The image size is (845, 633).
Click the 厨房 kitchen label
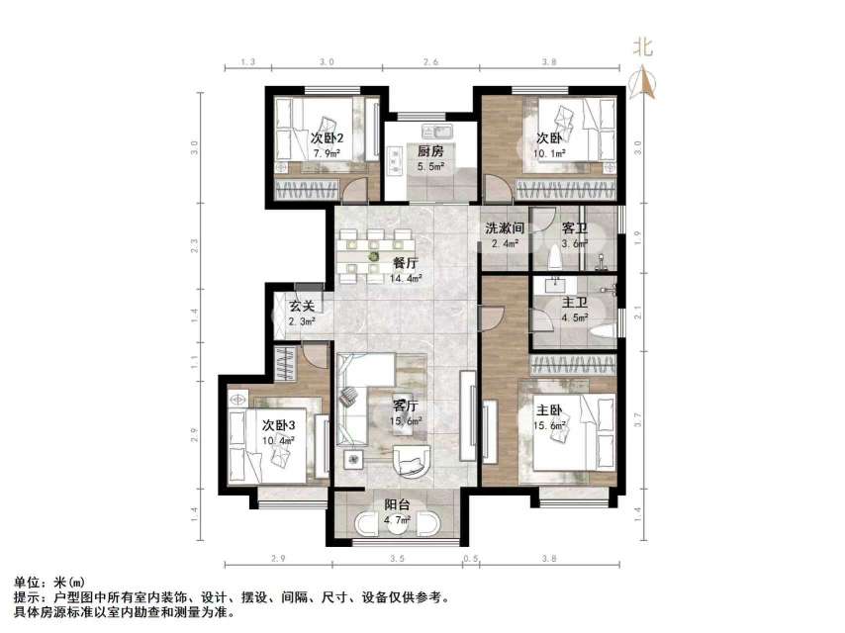pyautogui.click(x=429, y=151)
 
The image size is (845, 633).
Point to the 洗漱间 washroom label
pyautogui.click(x=503, y=228)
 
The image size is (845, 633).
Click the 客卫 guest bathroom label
pyautogui.click(x=574, y=228)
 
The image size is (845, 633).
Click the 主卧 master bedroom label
pyautogui.click(x=550, y=410)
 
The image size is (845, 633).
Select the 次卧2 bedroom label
pyautogui.click(x=327, y=138)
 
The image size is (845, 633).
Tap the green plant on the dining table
pyautogui.click(x=373, y=257)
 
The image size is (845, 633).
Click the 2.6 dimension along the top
pyautogui.click(x=431, y=61)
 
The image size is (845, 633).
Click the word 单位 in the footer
pyautogui.click(x=27, y=583)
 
